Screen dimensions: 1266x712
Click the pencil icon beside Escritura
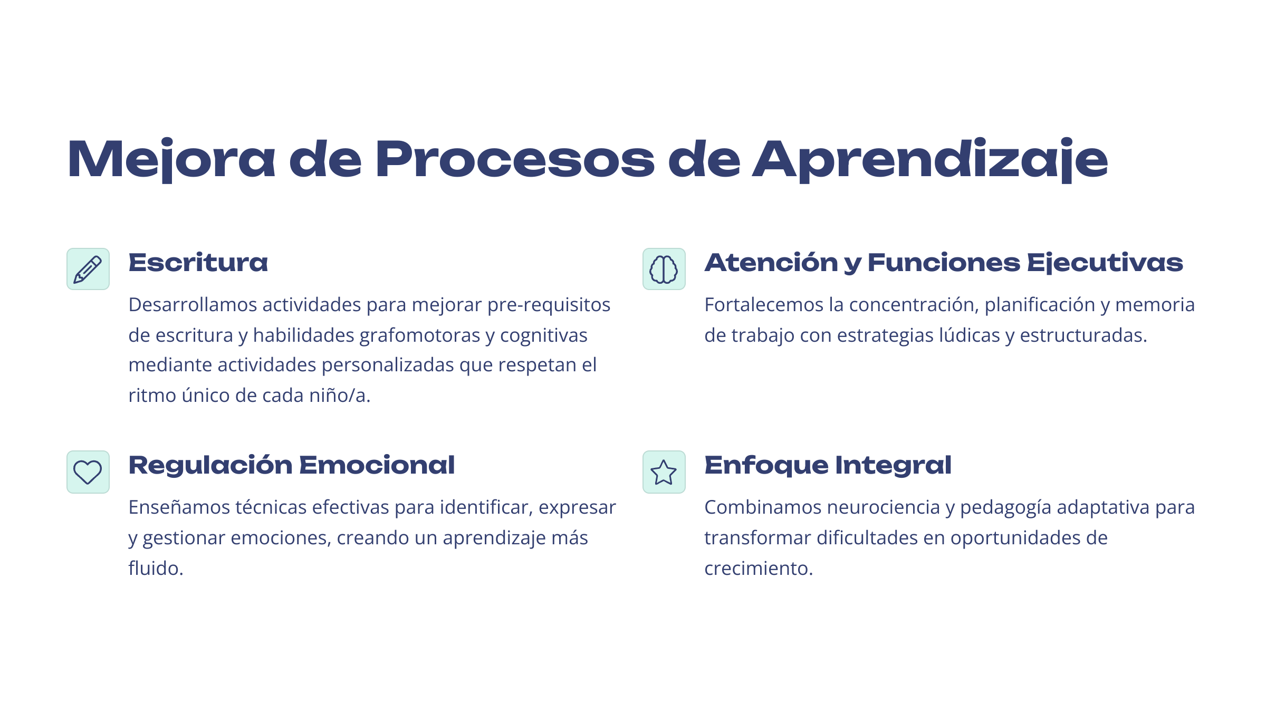(x=88, y=270)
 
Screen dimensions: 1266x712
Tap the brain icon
(x=664, y=270)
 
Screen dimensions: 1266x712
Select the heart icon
(x=88, y=472)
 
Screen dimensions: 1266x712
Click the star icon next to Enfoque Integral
(x=664, y=472)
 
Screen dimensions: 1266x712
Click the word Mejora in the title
(x=171, y=160)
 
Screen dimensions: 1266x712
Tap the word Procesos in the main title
(x=515, y=159)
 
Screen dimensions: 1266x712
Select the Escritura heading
(x=198, y=263)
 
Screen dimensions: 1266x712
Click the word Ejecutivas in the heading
(x=1105, y=263)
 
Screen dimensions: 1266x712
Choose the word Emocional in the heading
(x=377, y=465)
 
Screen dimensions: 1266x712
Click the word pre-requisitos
(x=549, y=305)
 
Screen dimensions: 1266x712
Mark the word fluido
(x=156, y=569)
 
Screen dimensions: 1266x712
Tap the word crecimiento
(x=759, y=569)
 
